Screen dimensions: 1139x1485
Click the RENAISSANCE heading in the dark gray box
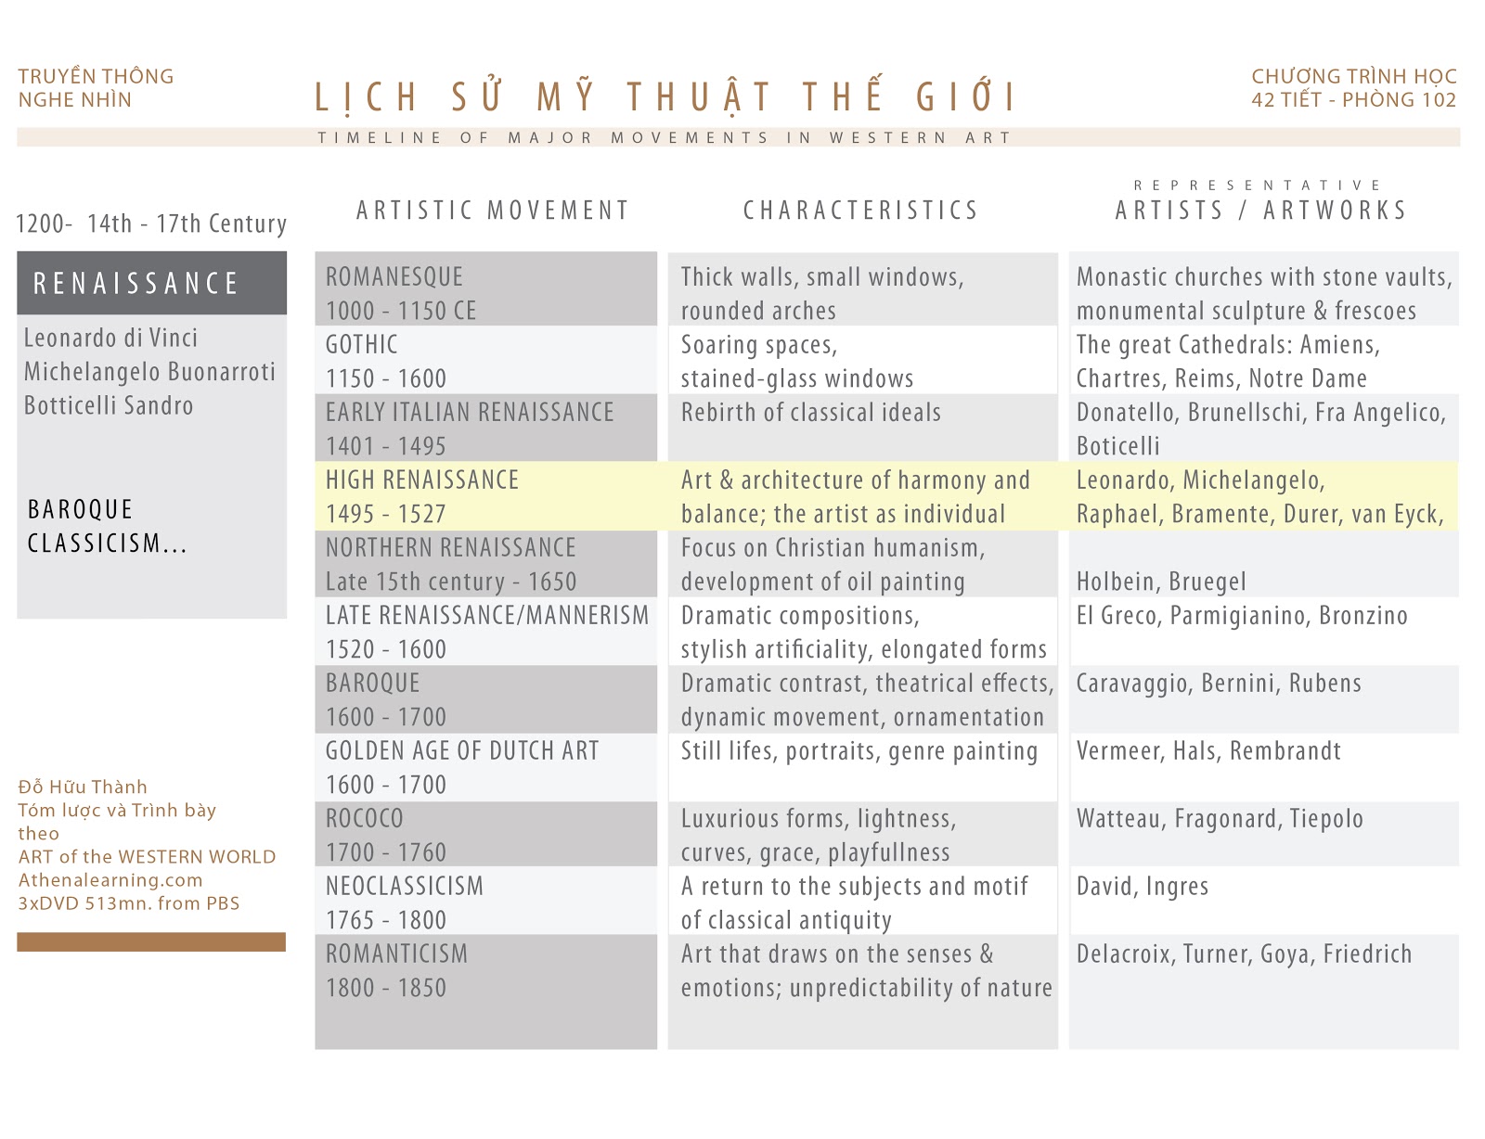(x=136, y=283)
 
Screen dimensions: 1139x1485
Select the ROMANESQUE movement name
(x=394, y=276)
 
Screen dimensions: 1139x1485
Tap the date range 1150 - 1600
(x=386, y=378)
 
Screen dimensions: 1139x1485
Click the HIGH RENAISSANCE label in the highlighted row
(x=422, y=480)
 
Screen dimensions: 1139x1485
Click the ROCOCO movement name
(x=365, y=818)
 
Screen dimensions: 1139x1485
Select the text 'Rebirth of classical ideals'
(x=810, y=413)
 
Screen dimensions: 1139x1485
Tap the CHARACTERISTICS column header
(x=860, y=211)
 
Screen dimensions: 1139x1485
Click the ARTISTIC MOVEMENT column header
(x=493, y=211)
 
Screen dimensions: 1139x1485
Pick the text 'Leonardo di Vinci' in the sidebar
(x=110, y=338)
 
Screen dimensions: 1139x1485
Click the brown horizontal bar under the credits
(x=151, y=941)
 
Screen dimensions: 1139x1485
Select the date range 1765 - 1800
(x=386, y=920)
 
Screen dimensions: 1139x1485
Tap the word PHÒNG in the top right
(x=1378, y=100)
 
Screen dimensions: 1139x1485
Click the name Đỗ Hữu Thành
(x=83, y=787)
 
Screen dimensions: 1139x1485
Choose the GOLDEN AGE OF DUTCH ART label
(x=462, y=750)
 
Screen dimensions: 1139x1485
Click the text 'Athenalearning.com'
(x=110, y=879)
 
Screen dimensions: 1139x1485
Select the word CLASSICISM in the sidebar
(x=95, y=544)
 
